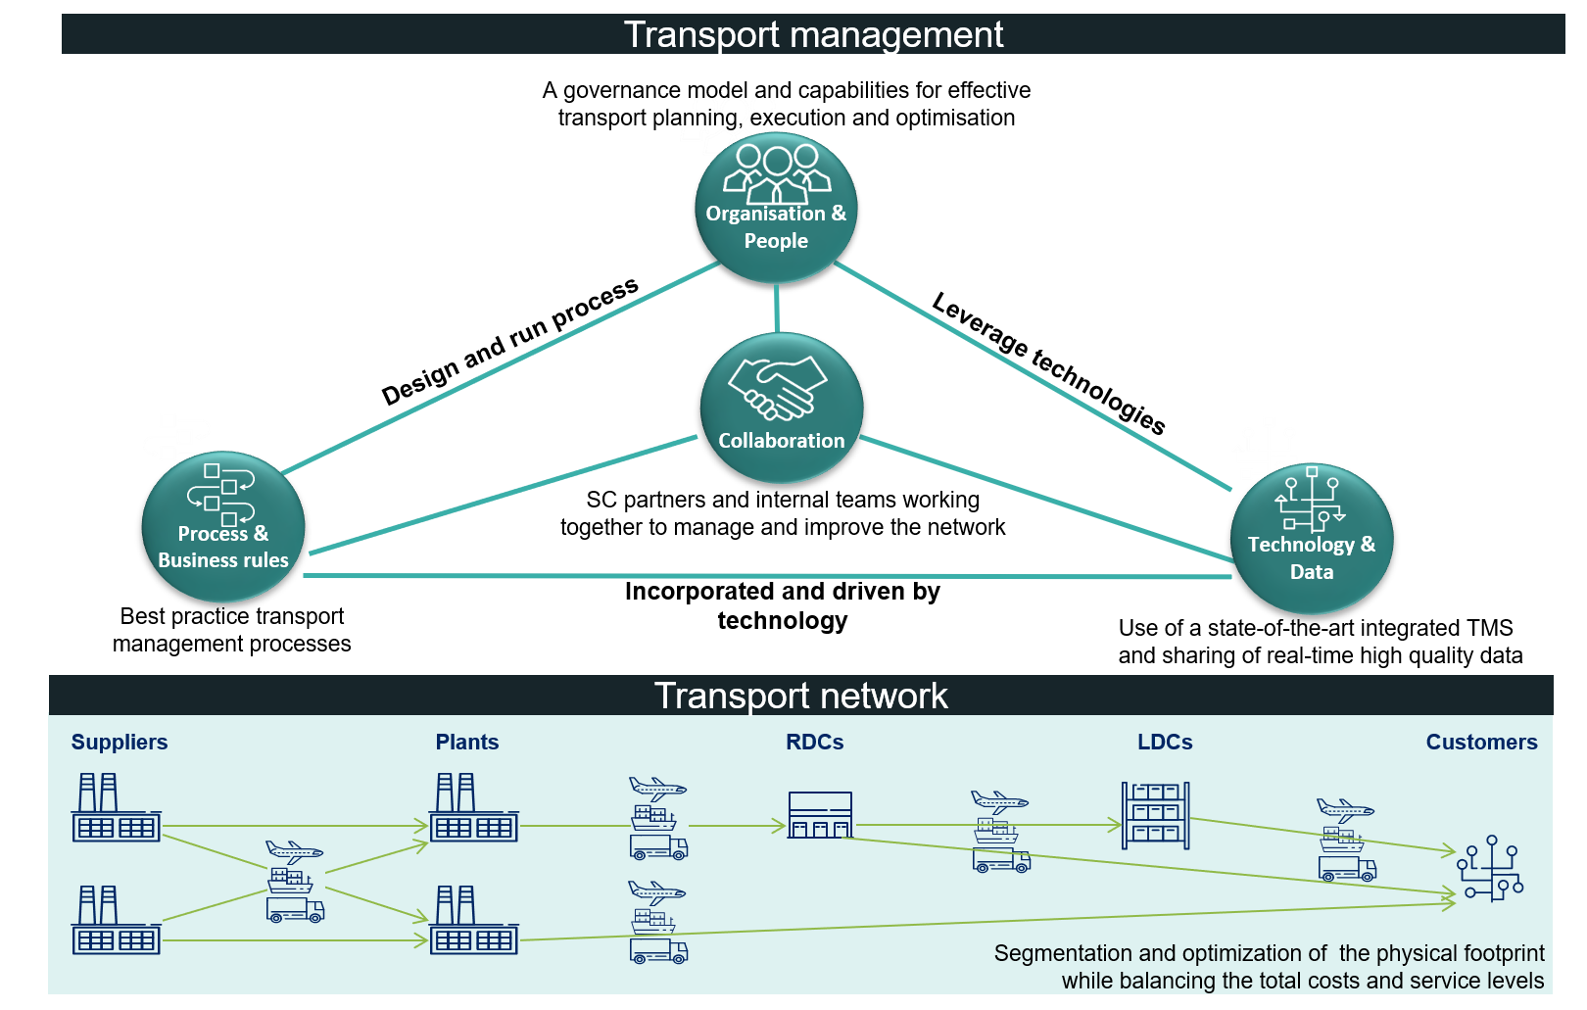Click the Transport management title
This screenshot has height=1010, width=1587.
click(813, 34)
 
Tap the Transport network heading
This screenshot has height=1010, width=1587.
click(800, 696)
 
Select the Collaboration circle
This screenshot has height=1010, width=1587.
click(781, 409)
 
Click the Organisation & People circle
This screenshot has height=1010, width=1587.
click(776, 209)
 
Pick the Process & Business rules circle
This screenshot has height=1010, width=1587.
click(223, 527)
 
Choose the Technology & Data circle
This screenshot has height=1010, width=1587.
click(1311, 539)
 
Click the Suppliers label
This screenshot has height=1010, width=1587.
click(120, 743)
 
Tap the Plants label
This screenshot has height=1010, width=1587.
click(467, 743)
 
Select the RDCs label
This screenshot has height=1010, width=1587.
click(814, 743)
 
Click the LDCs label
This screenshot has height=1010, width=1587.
click(1165, 743)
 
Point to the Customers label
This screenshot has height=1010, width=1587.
click(1481, 743)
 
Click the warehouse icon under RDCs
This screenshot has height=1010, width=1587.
click(820, 815)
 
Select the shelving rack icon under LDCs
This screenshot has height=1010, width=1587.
click(1155, 815)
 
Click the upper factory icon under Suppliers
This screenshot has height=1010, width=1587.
click(116, 808)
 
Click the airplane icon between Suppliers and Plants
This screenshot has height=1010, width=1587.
click(293, 850)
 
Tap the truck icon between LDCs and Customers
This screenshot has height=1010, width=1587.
click(1347, 868)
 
